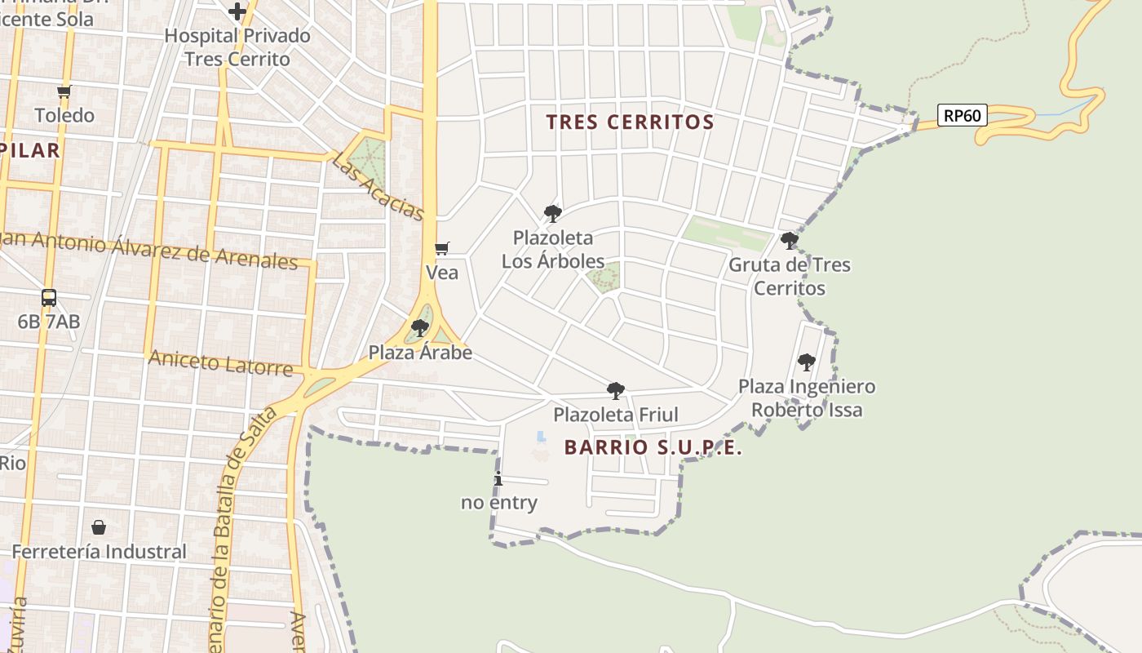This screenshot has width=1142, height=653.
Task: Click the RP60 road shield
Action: (x=962, y=116)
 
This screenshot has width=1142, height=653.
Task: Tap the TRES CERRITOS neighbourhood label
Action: (x=630, y=122)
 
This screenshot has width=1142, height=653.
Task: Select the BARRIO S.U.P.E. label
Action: (x=653, y=447)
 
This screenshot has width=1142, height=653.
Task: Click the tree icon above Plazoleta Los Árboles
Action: (x=552, y=214)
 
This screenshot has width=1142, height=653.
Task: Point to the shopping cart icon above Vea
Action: (x=442, y=248)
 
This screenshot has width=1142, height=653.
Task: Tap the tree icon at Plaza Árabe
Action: (x=420, y=328)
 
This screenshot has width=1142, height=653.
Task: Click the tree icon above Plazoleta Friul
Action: (x=616, y=391)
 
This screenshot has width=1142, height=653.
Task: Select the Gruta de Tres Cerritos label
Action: (x=789, y=276)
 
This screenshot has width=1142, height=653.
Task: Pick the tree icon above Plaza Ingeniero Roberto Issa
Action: (x=806, y=362)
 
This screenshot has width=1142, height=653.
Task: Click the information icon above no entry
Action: (x=498, y=478)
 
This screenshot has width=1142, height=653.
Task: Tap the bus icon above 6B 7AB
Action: (x=49, y=298)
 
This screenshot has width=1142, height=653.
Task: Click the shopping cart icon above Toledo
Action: (x=64, y=91)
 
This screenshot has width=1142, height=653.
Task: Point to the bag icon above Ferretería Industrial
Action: (x=99, y=527)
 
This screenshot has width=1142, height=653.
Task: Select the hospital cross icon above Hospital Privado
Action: (x=237, y=11)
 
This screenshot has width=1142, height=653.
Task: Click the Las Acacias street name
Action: (x=378, y=186)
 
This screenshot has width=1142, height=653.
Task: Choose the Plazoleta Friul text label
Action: (x=616, y=415)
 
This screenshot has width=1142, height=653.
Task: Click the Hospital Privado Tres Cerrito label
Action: (x=237, y=47)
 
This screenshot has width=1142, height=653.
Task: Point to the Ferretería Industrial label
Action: (x=99, y=552)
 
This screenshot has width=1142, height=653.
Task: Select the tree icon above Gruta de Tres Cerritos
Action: (x=789, y=240)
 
